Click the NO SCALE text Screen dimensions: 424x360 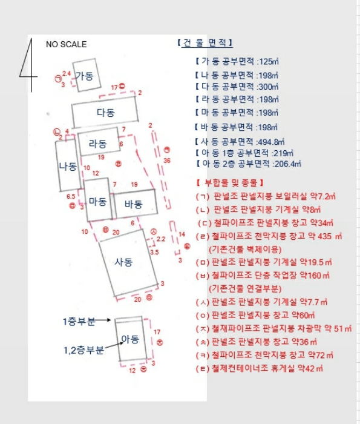pos(66,44)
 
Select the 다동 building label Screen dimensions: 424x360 pos(105,113)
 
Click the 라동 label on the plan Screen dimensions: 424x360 pos(97,144)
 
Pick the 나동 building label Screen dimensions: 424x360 pos(67,166)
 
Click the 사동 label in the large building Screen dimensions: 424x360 pos(123,262)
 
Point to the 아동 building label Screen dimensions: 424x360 pos(130,339)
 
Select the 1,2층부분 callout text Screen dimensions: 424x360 pos(84,349)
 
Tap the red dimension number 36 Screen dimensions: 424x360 pos(166,161)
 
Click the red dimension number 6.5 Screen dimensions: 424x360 pos(71,196)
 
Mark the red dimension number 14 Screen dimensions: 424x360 pos(181,233)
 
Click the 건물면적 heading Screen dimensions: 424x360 pos(205,43)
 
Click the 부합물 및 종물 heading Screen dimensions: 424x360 pos(229,182)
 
